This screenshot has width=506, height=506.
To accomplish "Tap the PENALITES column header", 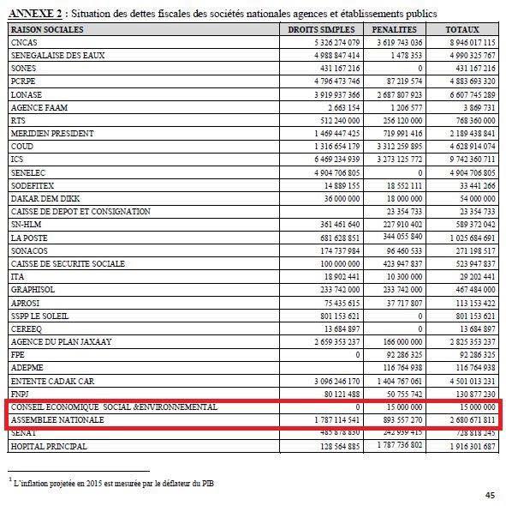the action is click(394, 28).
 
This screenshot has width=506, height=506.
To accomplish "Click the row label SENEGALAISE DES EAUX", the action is click(52, 54).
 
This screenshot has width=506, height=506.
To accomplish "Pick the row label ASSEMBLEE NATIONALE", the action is click(57, 420).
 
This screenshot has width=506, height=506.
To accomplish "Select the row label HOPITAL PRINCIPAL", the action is click(47, 446).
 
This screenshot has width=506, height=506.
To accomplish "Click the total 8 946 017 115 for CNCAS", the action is click(467, 41).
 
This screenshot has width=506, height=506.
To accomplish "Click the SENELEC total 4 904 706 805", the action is click(467, 172).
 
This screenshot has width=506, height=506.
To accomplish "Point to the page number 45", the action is click(490, 495).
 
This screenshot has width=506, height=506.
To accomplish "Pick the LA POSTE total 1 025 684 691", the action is click(467, 237).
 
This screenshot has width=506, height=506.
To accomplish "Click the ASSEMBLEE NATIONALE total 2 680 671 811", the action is click(467, 420).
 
